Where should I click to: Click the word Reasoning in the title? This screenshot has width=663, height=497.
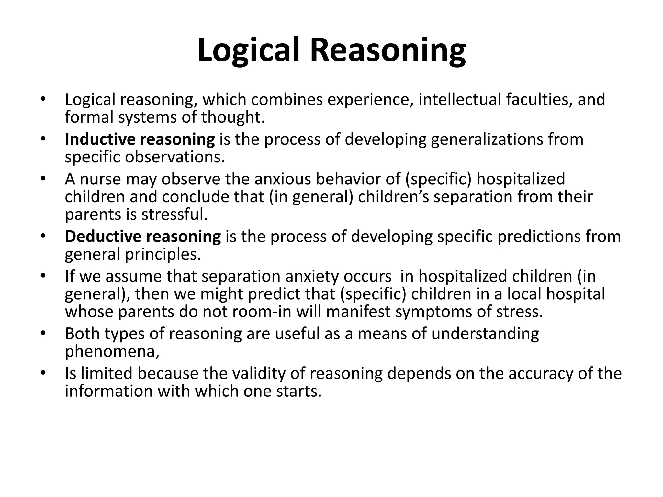click(388, 50)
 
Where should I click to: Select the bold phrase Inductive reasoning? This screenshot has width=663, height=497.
click(140, 139)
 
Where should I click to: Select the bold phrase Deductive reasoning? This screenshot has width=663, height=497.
click(143, 237)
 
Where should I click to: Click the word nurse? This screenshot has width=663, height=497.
click(100, 179)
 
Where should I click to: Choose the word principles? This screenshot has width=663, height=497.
click(163, 254)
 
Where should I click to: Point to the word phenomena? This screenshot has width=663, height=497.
click(112, 351)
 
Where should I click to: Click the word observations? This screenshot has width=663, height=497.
click(175, 157)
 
